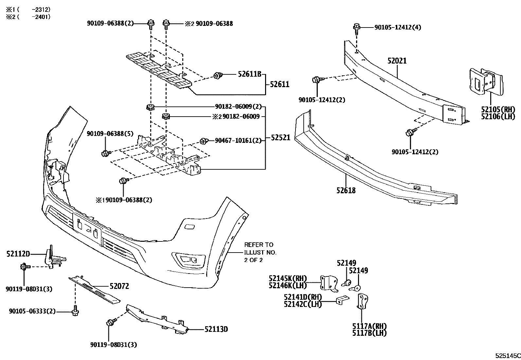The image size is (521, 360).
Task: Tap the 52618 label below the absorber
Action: pyautogui.click(x=346, y=190)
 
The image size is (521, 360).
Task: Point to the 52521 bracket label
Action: pyautogui.click(x=280, y=138)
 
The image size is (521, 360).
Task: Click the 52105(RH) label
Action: pyautogui.click(x=498, y=109)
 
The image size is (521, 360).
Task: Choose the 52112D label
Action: pyautogui.click(x=18, y=254)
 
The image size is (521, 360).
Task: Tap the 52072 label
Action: pyautogui.click(x=119, y=286)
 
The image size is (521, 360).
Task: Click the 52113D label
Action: pyautogui.click(x=216, y=329)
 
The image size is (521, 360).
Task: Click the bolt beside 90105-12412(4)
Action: pyautogui.click(x=356, y=28)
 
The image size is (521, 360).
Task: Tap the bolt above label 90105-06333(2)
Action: pyautogui.click(x=75, y=310)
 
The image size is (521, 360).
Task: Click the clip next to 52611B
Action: pyautogui.click(x=217, y=76)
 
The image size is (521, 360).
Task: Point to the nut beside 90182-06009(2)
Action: pyautogui.click(x=150, y=107)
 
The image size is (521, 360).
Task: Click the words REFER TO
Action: pyautogui.click(x=259, y=245)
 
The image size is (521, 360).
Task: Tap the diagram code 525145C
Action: pyautogui.click(x=507, y=355)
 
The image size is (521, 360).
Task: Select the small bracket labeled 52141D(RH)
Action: pyautogui.click(x=342, y=299)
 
